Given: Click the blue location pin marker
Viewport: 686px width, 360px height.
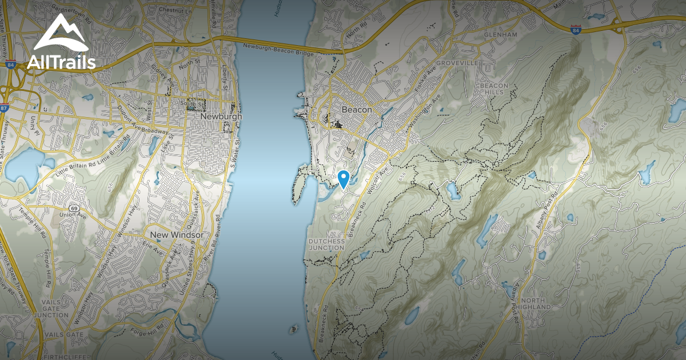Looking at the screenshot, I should click(343, 179).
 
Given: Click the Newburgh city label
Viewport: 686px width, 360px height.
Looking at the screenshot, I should click(221, 117).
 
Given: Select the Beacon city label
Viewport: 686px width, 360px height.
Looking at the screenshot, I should click(357, 110).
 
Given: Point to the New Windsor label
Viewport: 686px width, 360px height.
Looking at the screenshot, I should click(176, 235).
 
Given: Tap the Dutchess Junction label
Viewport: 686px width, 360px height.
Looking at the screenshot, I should click(327, 245).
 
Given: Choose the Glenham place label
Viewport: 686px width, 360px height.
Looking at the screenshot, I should click(500, 35).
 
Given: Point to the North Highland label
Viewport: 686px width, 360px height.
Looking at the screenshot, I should click(536, 304).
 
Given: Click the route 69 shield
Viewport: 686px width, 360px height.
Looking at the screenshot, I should click(74, 209).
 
